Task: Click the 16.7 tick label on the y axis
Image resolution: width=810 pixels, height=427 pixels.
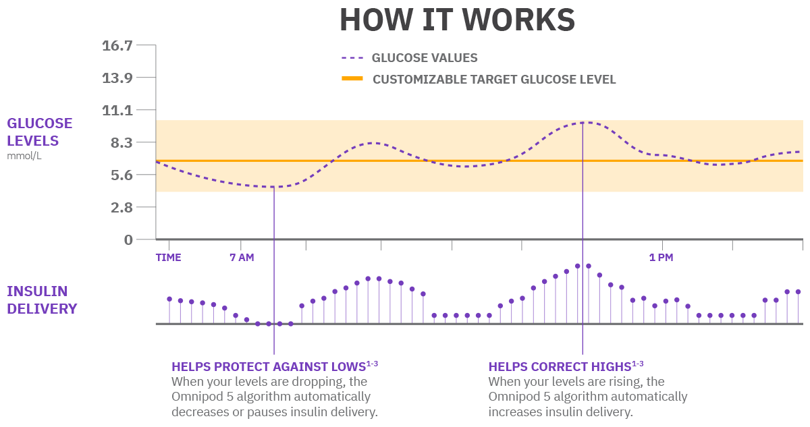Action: [117, 46]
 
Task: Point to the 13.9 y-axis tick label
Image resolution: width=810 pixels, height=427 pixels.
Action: [117, 78]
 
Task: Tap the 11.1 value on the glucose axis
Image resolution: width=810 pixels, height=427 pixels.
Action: [117, 111]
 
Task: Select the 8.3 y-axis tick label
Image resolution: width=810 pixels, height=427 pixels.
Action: [120, 143]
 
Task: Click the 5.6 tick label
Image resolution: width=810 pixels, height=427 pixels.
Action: [120, 175]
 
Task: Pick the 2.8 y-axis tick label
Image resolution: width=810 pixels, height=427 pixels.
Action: [120, 207]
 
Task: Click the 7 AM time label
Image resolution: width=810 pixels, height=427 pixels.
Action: [242, 258]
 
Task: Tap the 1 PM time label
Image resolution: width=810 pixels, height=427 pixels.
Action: [661, 258]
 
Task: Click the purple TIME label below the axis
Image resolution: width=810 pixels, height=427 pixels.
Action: [168, 258]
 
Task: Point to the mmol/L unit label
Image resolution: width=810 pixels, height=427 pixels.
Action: [24, 156]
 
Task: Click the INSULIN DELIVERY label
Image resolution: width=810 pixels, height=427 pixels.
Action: [42, 300]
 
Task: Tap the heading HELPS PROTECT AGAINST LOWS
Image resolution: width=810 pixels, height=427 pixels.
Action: [269, 367]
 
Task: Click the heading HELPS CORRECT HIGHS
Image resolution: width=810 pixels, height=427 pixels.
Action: [560, 367]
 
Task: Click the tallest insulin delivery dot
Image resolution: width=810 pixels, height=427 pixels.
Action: [578, 266]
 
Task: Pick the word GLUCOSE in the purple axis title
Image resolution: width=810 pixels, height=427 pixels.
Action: [39, 123]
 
